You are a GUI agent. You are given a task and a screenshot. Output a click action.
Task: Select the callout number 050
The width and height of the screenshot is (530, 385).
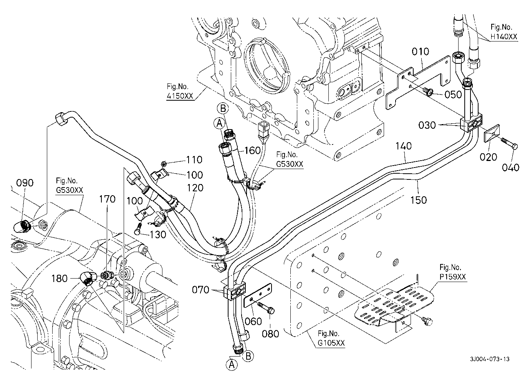pos(453,95)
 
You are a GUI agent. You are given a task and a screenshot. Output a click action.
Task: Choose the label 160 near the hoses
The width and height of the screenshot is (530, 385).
pos(252,150)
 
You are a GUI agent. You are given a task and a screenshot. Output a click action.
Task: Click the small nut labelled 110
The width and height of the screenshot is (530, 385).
pos(164,163)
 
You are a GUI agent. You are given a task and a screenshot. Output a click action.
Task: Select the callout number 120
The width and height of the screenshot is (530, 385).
pos(195,188)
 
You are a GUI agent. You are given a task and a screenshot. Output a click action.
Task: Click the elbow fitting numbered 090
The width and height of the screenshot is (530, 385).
pos(23,225)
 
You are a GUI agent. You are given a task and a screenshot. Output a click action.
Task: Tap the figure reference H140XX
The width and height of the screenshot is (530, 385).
pos(503,37)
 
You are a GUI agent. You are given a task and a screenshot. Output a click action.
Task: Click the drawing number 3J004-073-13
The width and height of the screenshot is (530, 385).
pos(490,359)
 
